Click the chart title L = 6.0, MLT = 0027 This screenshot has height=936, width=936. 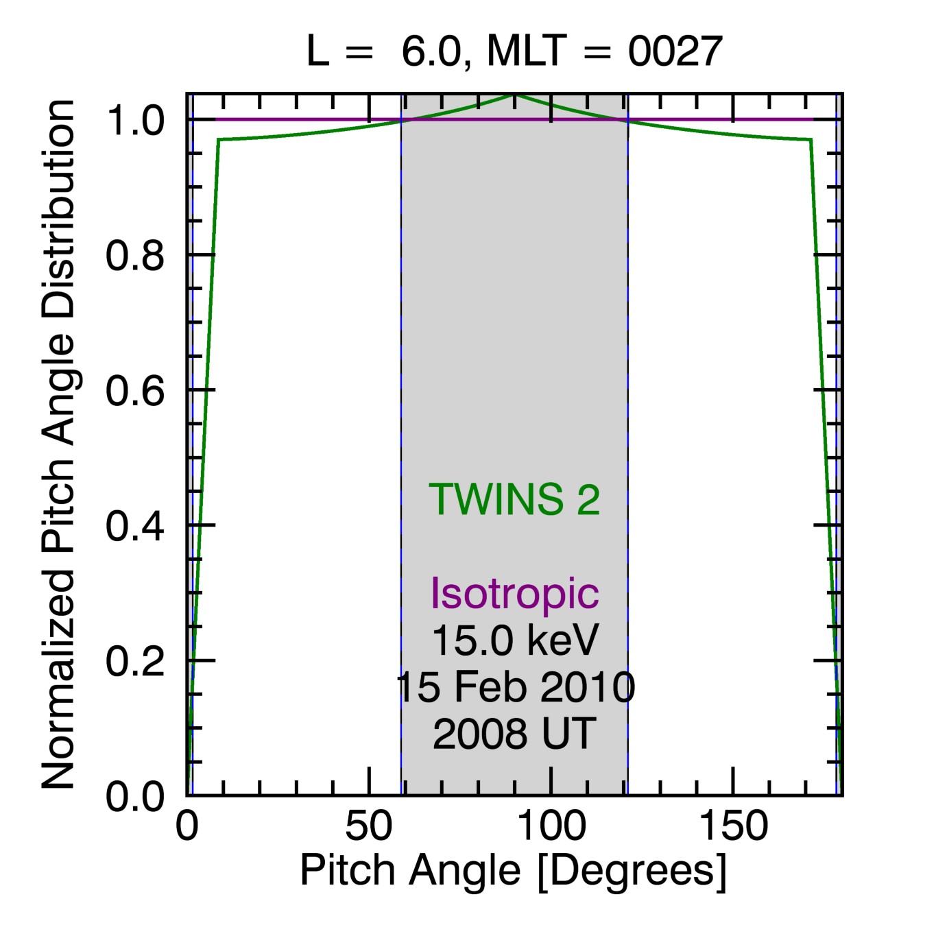click(x=514, y=51)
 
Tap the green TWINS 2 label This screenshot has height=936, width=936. click(x=514, y=499)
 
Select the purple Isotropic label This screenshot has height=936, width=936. click(x=514, y=593)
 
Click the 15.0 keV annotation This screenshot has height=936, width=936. click(x=514, y=640)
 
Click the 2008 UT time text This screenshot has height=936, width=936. click(x=514, y=734)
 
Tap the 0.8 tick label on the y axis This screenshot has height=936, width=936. click(x=135, y=256)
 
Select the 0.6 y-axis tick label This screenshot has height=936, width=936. click(x=135, y=391)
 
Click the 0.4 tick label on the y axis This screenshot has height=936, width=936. click(x=135, y=526)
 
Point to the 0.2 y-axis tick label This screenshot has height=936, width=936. click(x=135, y=661)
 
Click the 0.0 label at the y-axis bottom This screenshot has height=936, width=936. click(x=135, y=797)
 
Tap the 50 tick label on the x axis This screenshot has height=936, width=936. click(x=369, y=826)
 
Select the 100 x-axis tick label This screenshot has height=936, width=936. click(x=551, y=826)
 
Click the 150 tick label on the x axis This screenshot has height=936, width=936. click(x=733, y=826)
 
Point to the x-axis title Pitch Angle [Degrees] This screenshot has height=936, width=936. click(x=513, y=871)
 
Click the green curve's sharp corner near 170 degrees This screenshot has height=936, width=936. click(x=811, y=139)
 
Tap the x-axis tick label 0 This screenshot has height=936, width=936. click(x=187, y=826)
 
